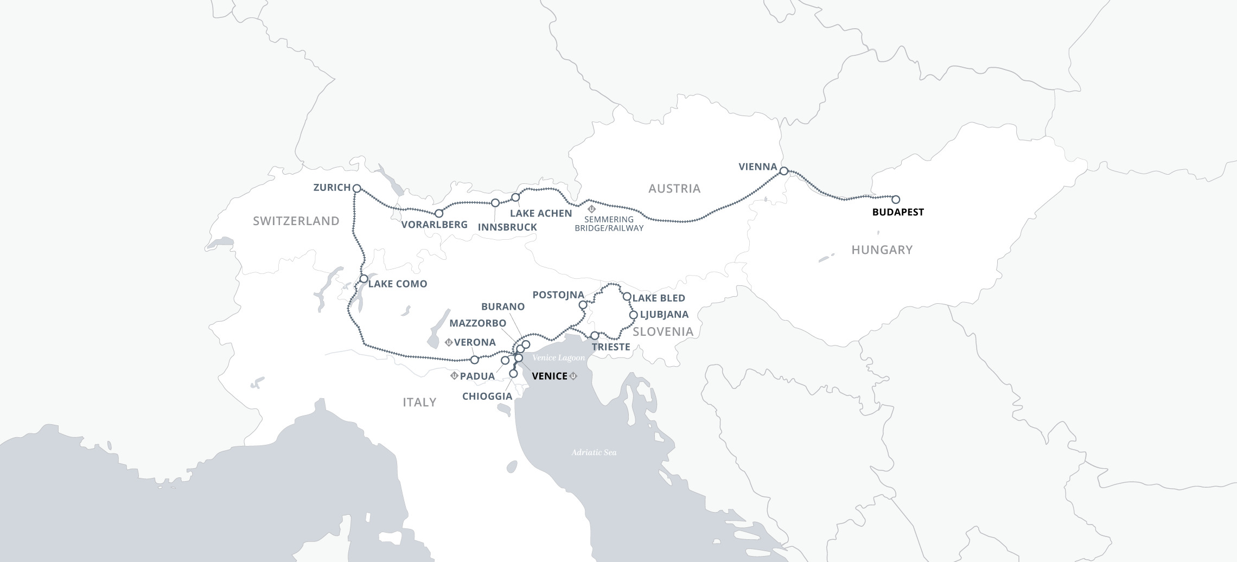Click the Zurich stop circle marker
point(356,188)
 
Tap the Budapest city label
point(898,212)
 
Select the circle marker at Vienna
point(783,171)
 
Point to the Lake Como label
point(398,284)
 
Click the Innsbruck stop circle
point(495,203)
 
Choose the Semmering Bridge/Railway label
point(609,223)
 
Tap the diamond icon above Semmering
point(592,209)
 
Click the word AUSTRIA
point(674,188)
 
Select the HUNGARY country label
point(882,250)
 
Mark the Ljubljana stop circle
point(633,315)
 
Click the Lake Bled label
point(659,298)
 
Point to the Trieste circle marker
point(595,335)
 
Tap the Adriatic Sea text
point(594,452)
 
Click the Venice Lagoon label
point(558,358)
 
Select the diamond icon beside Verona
point(449,342)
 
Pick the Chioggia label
point(487,396)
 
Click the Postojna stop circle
point(583,305)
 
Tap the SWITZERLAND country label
point(296,221)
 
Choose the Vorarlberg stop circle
point(439,213)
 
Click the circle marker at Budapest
point(896,200)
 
